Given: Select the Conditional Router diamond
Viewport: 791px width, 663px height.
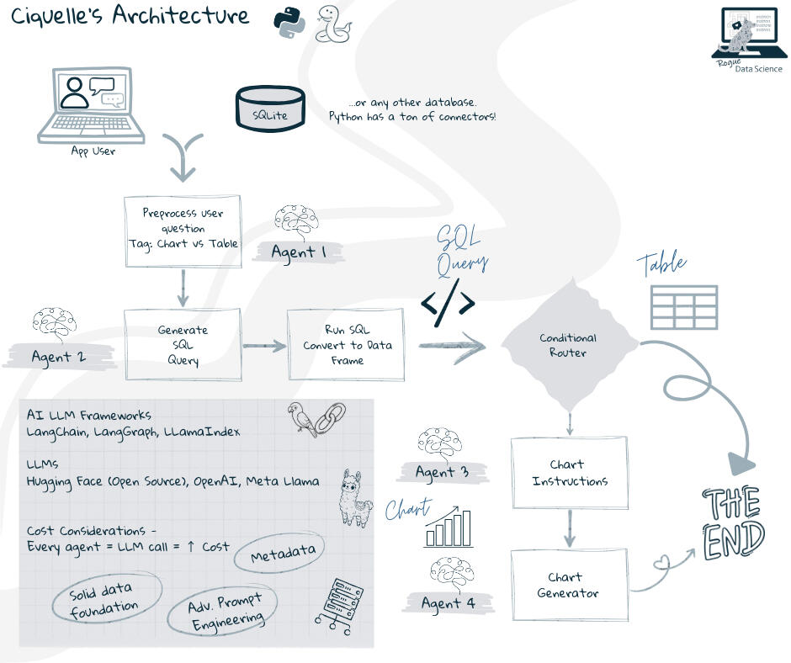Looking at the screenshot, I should [569, 344].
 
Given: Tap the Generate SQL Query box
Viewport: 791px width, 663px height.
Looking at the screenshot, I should [183, 344].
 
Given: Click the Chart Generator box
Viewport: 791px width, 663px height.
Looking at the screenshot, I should [569, 585].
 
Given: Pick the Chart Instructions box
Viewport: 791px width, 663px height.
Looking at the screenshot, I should [569, 473].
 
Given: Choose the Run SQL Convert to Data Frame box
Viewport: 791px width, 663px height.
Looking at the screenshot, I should [347, 344].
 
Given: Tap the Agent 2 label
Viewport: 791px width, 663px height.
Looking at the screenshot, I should [58, 356].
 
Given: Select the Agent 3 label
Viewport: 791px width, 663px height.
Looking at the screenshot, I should [443, 471].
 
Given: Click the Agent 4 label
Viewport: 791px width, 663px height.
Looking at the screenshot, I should [448, 602].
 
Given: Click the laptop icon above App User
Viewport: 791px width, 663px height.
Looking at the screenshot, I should [91, 105].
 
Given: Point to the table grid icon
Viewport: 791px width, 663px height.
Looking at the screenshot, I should [684, 307].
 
